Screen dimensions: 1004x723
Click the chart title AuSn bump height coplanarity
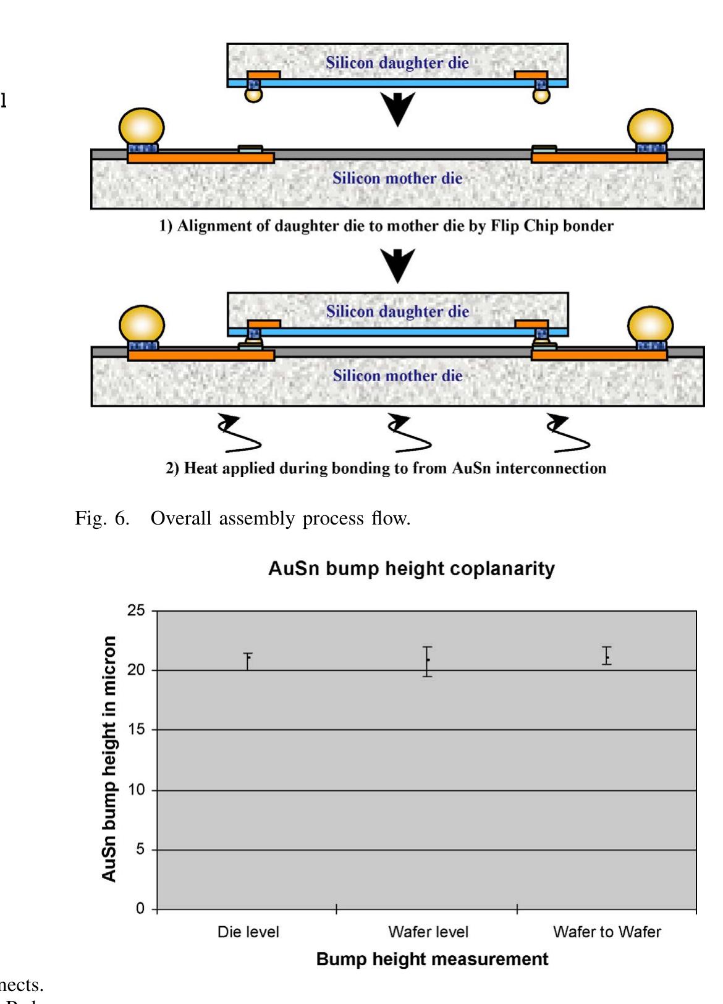coord(411,568)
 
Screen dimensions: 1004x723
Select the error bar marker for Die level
coord(248,659)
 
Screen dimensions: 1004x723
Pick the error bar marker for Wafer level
coord(428,660)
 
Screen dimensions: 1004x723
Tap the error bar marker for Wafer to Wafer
coord(607,656)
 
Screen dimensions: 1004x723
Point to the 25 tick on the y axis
coord(137,610)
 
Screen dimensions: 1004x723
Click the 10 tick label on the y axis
coord(137,790)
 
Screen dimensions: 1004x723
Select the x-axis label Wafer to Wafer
coord(607,932)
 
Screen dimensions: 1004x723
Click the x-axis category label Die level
coord(248,932)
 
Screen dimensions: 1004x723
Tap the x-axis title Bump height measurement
coord(431,960)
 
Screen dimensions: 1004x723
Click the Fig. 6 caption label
coord(102,518)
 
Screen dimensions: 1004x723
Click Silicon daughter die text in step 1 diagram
coord(397,63)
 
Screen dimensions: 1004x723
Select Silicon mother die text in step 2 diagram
coord(397,376)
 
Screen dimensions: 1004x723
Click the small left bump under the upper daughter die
coord(253,94)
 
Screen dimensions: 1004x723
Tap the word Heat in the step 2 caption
coord(201,468)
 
